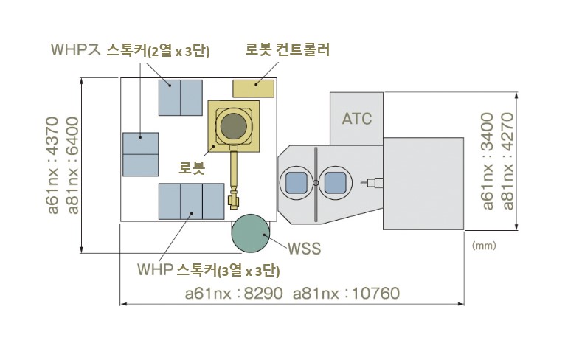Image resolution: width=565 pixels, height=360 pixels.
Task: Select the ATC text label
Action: point(357,118)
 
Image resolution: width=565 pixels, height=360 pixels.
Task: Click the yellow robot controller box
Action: point(254,88)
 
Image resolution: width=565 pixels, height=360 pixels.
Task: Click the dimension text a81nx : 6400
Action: point(72,166)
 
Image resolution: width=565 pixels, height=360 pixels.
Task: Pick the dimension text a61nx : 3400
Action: point(487,160)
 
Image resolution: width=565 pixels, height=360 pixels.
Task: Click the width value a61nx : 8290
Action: point(234,294)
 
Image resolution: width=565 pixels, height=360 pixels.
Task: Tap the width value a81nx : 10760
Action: point(347,294)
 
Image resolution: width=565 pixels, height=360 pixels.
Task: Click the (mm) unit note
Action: point(483,244)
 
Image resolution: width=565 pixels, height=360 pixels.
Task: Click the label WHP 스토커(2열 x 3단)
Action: point(131,50)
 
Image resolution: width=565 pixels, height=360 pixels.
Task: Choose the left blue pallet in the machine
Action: point(296,181)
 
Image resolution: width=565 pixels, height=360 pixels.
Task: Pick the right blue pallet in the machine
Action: point(335,181)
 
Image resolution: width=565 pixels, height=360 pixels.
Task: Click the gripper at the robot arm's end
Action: point(235,199)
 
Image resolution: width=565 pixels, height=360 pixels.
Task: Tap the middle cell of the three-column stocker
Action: point(191,201)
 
